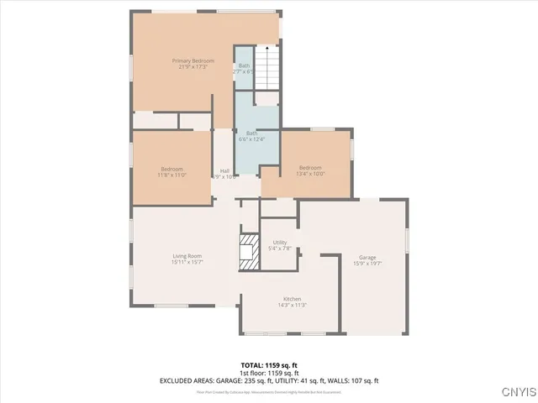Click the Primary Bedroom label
click(193, 61)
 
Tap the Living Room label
click(188, 256)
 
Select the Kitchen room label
click(292, 300)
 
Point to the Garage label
click(367, 258)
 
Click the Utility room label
click(280, 242)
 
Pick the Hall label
click(224, 171)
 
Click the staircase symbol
click(266, 66)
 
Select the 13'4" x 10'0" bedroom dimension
click(310, 175)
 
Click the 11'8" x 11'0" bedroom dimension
click(171, 175)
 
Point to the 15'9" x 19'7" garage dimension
click(367, 264)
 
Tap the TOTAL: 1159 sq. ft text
click(269, 365)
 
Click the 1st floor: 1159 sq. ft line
click(269, 373)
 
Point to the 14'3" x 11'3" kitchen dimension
click(292, 306)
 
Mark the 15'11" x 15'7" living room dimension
click(188, 262)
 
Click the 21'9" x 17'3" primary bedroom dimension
click(193, 67)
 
